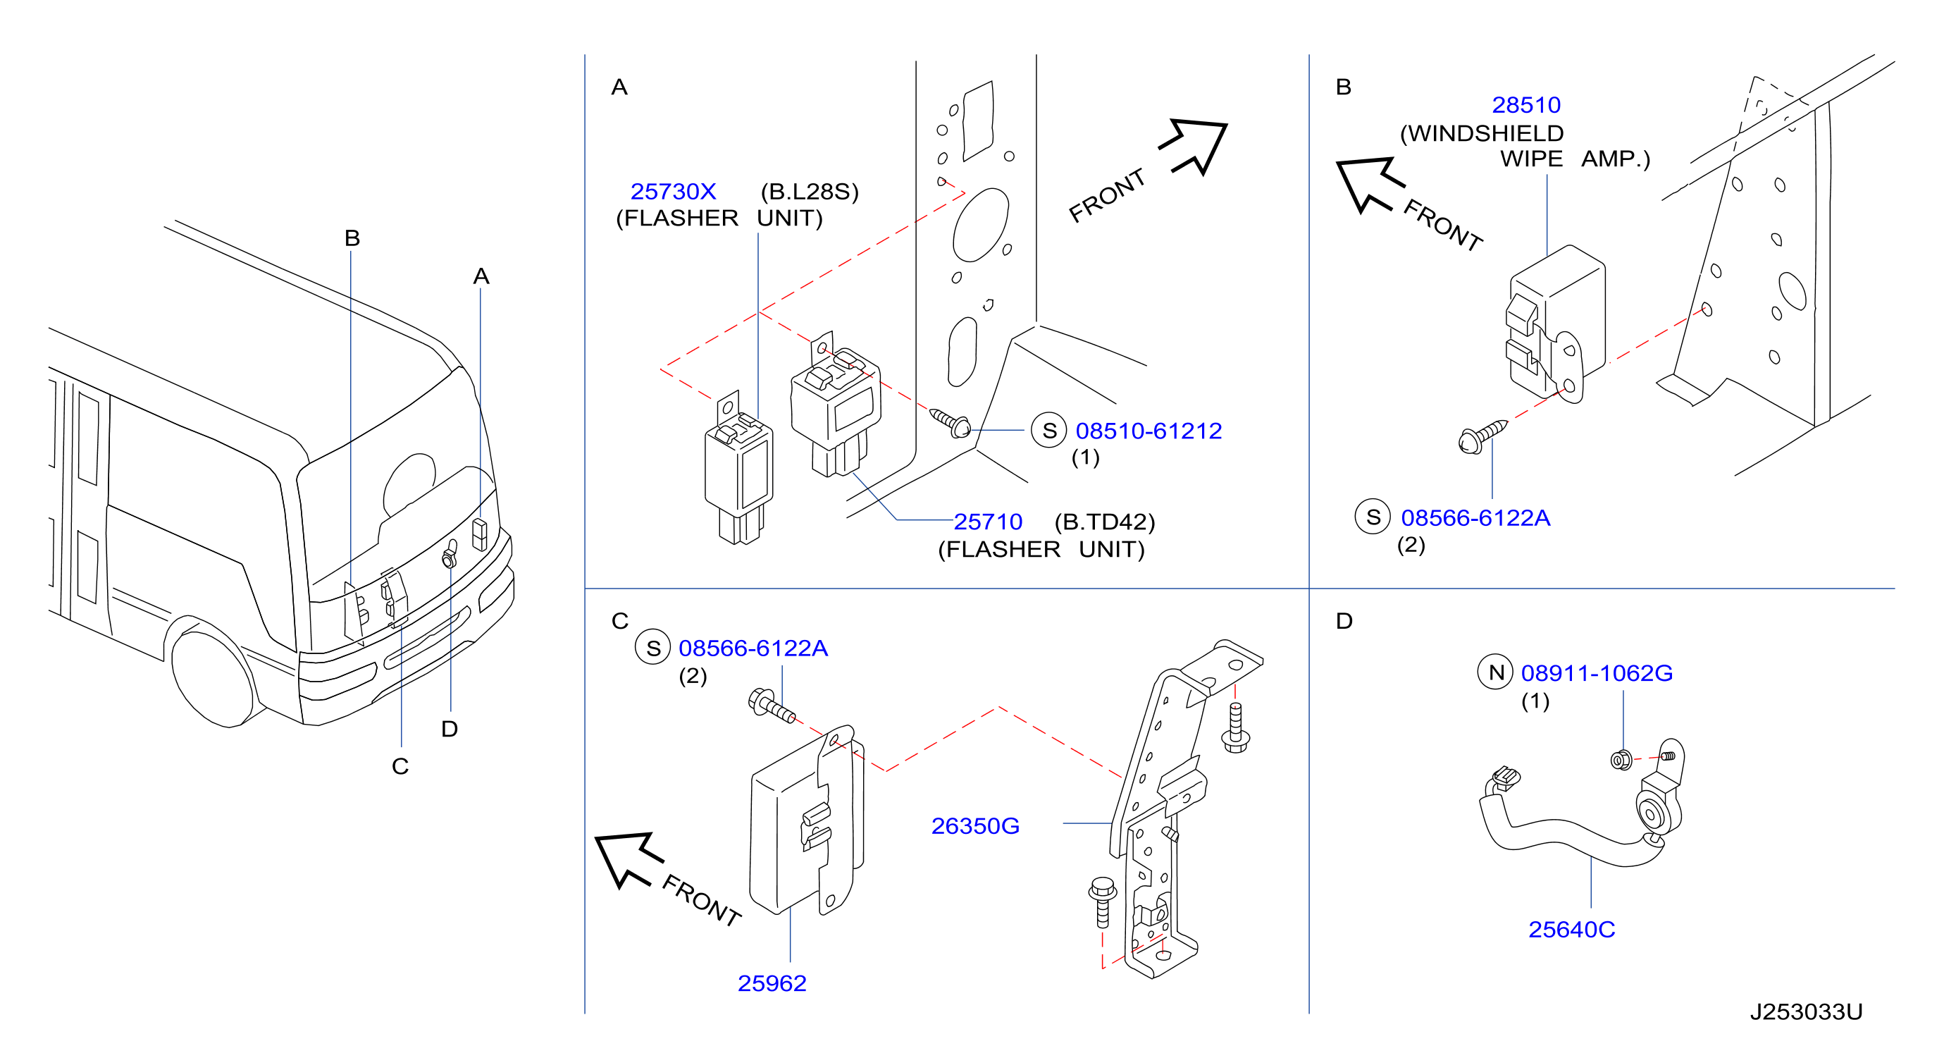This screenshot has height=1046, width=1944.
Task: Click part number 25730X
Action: (673, 192)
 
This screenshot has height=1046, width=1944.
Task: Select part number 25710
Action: (988, 522)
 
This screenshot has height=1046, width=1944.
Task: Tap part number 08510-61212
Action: (1149, 431)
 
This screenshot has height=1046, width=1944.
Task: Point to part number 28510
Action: (1526, 105)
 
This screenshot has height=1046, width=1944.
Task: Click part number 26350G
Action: (975, 826)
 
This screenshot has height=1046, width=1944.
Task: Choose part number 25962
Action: (772, 983)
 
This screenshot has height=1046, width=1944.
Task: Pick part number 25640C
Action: (1572, 930)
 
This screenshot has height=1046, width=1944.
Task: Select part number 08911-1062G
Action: (1597, 673)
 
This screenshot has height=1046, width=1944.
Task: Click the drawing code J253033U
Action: (1807, 1012)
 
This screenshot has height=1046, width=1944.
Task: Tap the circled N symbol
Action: (1496, 672)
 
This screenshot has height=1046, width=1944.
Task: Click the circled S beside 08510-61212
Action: (1049, 430)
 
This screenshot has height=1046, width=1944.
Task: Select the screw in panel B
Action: (1483, 437)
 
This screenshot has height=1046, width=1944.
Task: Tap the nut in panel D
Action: (1621, 760)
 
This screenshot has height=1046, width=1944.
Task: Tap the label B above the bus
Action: (352, 238)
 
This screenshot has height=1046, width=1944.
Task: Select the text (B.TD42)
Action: (1105, 522)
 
